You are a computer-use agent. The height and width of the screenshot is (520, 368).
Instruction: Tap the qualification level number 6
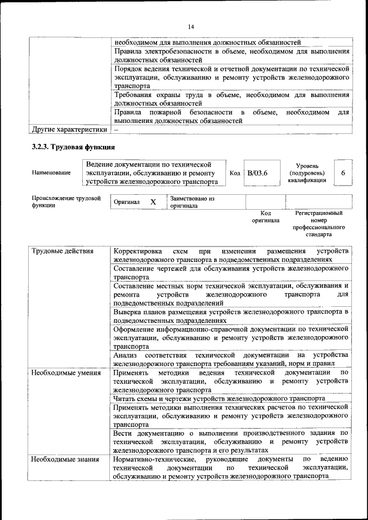pyautogui.click(x=343, y=173)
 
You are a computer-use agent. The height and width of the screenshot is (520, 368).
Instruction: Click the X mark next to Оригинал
pyautogui.click(x=153, y=202)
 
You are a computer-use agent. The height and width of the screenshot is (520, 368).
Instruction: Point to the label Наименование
pyautogui.click(x=52, y=173)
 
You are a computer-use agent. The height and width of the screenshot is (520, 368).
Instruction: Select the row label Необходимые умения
pyautogui.click(x=64, y=372)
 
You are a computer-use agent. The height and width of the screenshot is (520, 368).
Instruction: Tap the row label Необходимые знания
pyautogui.click(x=64, y=460)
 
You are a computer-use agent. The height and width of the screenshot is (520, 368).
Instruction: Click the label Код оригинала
pyautogui.click(x=266, y=216)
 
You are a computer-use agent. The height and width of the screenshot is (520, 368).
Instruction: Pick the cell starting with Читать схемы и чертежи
pyautogui.click(x=219, y=398)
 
